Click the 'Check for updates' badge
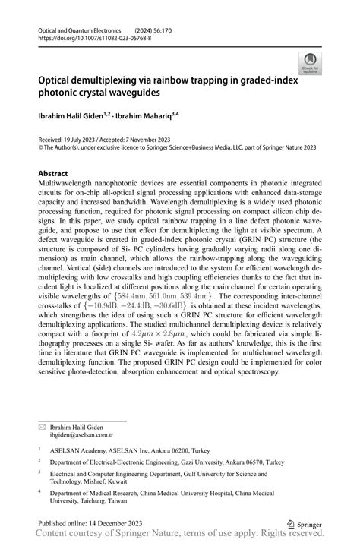pyautogui.click(x=310, y=65)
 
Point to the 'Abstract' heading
pyautogui.click(x=58, y=173)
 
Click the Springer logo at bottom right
pyautogui.click(x=304, y=524)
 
